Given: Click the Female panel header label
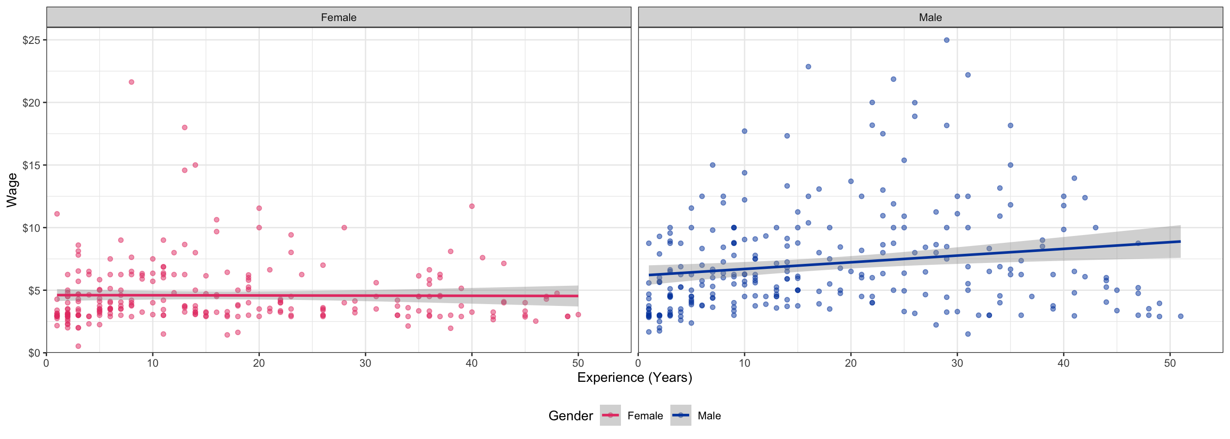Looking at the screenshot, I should (x=339, y=18).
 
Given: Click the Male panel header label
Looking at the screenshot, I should (x=930, y=18).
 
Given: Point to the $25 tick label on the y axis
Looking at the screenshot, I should (x=32, y=40).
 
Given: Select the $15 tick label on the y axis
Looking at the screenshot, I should (x=32, y=165).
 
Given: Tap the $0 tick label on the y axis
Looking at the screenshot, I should (x=34, y=353).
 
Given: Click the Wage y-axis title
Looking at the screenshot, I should (x=12, y=190).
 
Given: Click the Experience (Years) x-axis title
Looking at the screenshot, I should (x=635, y=377).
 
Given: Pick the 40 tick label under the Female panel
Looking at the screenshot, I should (x=471, y=363).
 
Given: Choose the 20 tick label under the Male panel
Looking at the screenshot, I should (x=851, y=363).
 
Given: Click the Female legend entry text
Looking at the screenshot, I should (x=645, y=416).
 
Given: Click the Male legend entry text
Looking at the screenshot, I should (x=709, y=416).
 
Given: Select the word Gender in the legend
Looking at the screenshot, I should (x=571, y=416).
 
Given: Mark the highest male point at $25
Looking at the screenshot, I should (x=946, y=40).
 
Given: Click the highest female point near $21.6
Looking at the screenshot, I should (x=131, y=82).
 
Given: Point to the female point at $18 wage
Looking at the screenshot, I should (x=185, y=128).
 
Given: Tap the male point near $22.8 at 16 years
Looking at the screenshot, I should (x=809, y=67).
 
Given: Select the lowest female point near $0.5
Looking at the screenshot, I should (x=78, y=346).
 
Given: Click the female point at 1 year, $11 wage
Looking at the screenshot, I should (x=57, y=214).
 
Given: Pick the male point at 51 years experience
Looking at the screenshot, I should (x=1180, y=316).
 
